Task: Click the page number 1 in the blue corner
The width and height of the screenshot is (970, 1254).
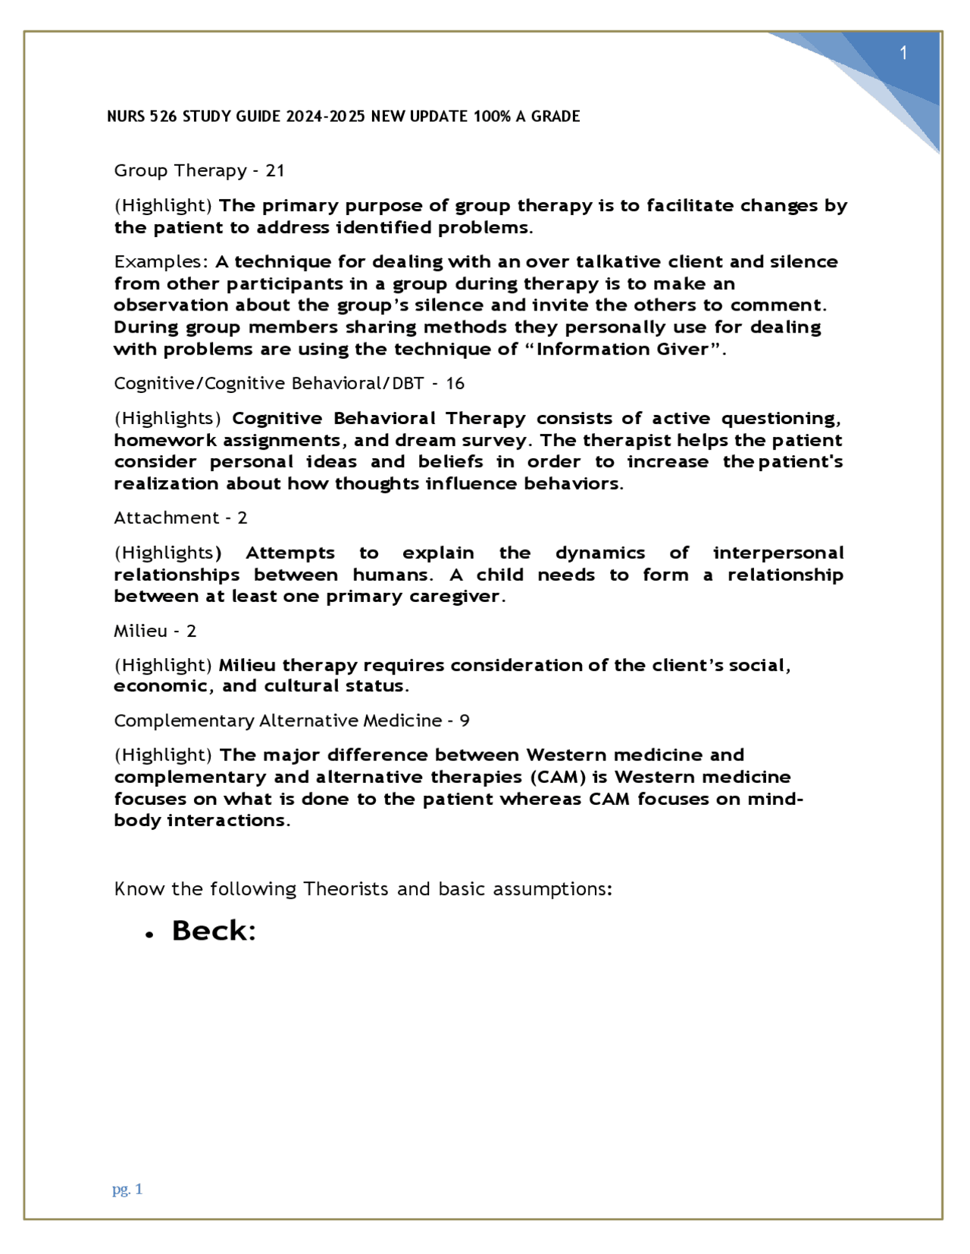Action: [903, 53]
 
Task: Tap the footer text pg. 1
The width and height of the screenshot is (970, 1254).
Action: [127, 1189]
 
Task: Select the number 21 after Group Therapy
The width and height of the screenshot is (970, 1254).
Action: [275, 171]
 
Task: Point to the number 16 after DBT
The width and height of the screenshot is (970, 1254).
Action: [455, 384]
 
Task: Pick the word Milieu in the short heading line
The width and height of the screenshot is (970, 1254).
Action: [140, 631]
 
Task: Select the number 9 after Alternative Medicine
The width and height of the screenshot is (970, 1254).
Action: [465, 721]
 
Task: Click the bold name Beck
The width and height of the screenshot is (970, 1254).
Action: [213, 931]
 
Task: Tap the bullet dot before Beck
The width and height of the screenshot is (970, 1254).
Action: [150, 935]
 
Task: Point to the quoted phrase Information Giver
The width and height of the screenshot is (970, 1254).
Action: [621, 350]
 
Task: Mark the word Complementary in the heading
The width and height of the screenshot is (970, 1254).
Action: [183, 721]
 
